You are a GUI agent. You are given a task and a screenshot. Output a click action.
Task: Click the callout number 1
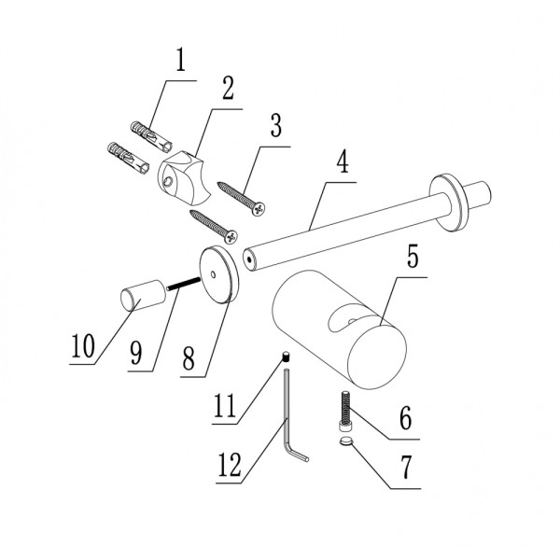pos(181,60)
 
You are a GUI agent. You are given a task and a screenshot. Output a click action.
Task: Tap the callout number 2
pos(228,88)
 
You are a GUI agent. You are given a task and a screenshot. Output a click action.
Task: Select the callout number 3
pos(275,125)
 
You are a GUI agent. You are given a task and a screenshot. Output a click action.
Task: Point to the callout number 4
pos(343,161)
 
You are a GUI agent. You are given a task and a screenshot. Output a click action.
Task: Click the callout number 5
pos(413,256)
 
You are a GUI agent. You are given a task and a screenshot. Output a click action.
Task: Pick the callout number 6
pos(405,417)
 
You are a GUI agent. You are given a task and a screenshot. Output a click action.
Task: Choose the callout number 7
pos(406,467)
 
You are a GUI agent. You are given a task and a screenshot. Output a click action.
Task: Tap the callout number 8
pos(189,358)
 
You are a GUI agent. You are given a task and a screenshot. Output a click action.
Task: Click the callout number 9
pos(135,353)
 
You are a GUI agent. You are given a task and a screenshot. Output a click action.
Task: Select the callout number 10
pos(83,345)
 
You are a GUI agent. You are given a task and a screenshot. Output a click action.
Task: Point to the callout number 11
pos(225,405)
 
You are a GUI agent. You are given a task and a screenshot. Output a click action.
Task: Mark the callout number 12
pos(230,465)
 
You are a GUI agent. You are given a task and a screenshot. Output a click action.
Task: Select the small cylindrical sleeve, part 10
pos(143,295)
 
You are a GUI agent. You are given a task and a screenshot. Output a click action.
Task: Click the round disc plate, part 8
pos(218,274)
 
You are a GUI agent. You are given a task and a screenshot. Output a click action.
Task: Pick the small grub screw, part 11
pos(286,357)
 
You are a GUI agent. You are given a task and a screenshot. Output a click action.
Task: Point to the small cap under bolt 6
pos(345,442)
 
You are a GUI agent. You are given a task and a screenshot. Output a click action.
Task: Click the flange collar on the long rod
pos(449,203)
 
